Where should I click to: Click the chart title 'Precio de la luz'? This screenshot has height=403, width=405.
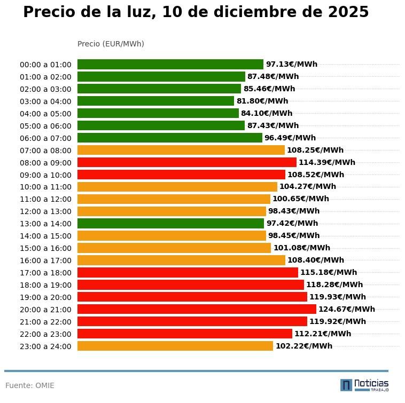[196, 12]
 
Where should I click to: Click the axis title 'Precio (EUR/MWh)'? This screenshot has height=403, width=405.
[111, 44]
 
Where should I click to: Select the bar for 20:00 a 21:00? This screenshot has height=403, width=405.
[197, 309]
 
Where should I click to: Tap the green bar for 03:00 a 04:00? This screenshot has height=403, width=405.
[155, 101]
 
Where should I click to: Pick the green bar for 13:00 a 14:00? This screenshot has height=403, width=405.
[170, 223]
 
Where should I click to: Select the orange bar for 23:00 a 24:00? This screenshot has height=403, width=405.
[175, 346]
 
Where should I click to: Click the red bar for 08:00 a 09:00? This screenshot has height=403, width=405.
[186, 162]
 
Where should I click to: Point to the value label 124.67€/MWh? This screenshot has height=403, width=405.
[346, 309]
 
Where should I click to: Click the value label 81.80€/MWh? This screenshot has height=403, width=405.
[262, 101]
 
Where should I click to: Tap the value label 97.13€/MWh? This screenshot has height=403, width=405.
[291, 64]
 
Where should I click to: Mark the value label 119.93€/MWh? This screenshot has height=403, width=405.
[337, 297]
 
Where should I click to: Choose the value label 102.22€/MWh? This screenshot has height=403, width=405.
[303, 346]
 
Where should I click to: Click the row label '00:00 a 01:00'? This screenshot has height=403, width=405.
[45, 65]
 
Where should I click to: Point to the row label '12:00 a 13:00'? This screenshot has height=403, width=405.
[45, 211]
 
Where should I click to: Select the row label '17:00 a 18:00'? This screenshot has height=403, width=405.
[45, 273]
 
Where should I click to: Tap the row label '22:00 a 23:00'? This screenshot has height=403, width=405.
[45, 334]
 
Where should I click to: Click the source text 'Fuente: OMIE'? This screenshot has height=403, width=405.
[30, 385]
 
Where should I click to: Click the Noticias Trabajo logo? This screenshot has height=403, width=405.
[364, 385]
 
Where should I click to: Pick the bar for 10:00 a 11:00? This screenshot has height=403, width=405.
[177, 187]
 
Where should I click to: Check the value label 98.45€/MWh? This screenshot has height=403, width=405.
[293, 235]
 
